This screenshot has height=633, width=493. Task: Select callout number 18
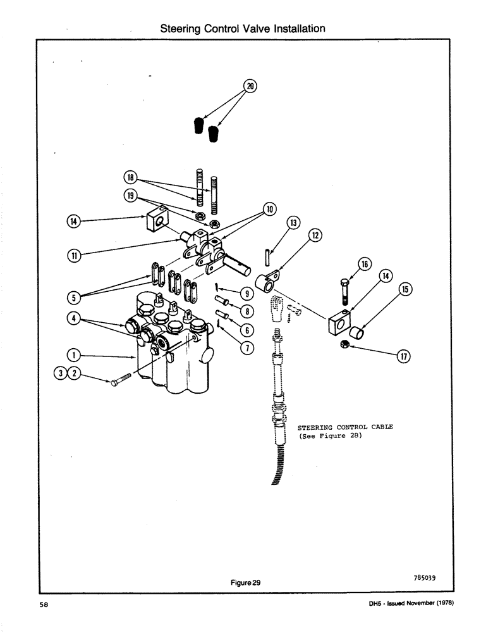130,178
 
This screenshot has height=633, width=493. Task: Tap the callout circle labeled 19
130,196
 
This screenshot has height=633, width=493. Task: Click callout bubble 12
315,235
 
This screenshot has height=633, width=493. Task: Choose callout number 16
365,264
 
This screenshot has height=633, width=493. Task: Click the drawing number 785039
422,577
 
